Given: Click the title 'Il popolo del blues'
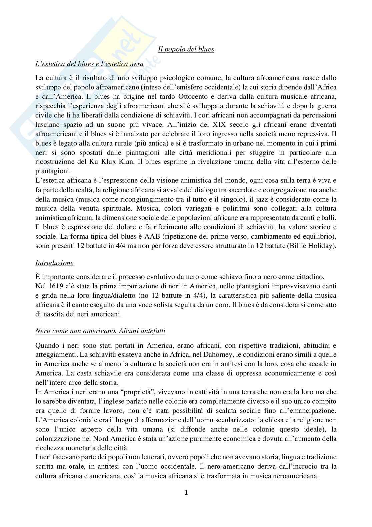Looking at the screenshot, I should (186, 49).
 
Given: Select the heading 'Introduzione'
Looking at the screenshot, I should (54, 263).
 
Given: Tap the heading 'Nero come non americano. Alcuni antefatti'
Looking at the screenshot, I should (100, 331).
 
